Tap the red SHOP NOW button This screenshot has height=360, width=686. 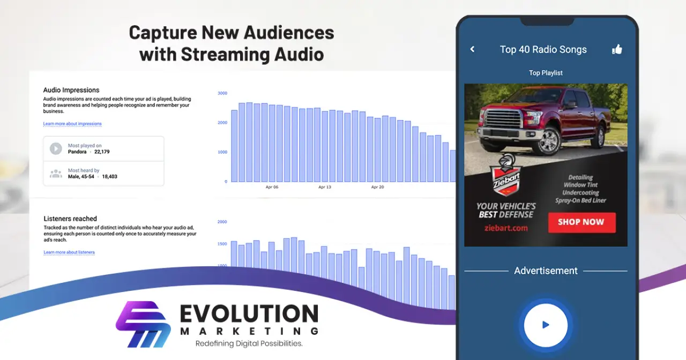pyautogui.click(x=582, y=222)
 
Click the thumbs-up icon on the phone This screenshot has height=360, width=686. pyautogui.click(x=617, y=49)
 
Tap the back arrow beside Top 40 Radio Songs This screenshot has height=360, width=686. pyautogui.click(x=473, y=49)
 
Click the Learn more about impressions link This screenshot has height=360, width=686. pyautogui.click(x=72, y=124)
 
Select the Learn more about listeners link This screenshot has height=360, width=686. pyautogui.click(x=69, y=252)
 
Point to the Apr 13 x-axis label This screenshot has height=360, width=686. pyautogui.click(x=325, y=187)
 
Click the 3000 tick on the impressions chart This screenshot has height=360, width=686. pyautogui.click(x=222, y=93)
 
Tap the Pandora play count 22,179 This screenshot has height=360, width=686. pyautogui.click(x=102, y=152)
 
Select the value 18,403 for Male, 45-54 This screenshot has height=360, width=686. pyautogui.click(x=109, y=177)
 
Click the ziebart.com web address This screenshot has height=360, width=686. pyautogui.click(x=506, y=228)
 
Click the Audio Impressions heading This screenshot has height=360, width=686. pyautogui.click(x=71, y=90)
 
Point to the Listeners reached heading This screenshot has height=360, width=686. pyautogui.click(x=70, y=219)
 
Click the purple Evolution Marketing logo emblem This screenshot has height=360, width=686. pyautogui.click(x=143, y=324)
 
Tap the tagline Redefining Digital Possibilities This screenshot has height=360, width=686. pyautogui.click(x=249, y=343)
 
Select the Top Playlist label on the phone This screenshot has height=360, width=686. pyautogui.click(x=546, y=73)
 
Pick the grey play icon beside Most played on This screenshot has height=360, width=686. pyautogui.click(x=56, y=149)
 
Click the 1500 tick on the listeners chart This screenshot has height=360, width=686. pyautogui.click(x=222, y=244)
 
